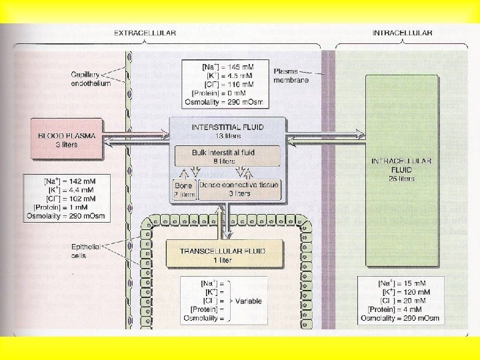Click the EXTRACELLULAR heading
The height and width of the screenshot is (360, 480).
coord(145,33)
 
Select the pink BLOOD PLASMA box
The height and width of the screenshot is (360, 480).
coord(66,139)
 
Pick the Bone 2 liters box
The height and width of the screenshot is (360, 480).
coord(185,189)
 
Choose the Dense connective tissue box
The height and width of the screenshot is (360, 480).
coord(239,189)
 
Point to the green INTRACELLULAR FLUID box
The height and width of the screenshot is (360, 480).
coord(401,170)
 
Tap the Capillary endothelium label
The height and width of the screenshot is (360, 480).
coord(91,78)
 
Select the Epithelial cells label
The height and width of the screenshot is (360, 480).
coord(85,251)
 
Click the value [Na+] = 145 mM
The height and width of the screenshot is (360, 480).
coord(227,67)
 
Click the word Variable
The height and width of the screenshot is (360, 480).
coord(247,301)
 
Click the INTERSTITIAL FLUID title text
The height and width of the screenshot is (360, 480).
coord(227,126)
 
